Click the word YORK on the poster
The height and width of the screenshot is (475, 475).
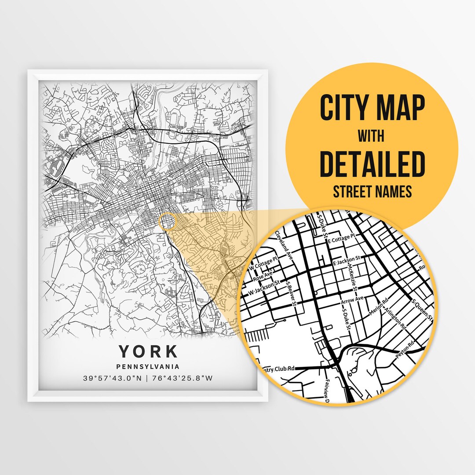coord(148,351)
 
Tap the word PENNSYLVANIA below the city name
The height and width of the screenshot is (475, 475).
coord(148,366)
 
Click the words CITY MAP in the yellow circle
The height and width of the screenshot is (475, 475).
coord(372,108)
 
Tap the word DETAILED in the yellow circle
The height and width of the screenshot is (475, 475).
coord(372,163)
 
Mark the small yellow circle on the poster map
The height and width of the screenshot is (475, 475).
coord(168,221)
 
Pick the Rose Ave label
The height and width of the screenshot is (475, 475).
coord(263,277)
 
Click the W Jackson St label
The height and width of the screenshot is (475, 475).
coord(264,289)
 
